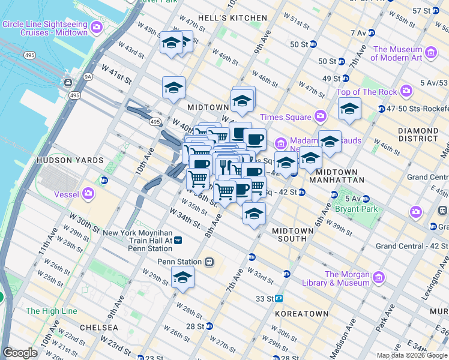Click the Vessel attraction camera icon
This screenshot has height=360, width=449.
89,193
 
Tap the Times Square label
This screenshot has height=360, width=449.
285,117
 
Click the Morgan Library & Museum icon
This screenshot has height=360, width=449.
378,278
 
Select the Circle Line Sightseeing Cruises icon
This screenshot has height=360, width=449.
95,28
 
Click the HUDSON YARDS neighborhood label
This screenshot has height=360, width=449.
62,161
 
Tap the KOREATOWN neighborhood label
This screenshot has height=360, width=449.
301,314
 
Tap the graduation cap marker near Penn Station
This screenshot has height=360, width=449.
182,278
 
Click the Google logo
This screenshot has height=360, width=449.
20,353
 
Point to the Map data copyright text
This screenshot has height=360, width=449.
412,355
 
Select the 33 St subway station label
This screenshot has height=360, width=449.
265,298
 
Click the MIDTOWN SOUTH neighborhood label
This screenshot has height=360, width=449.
293,235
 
